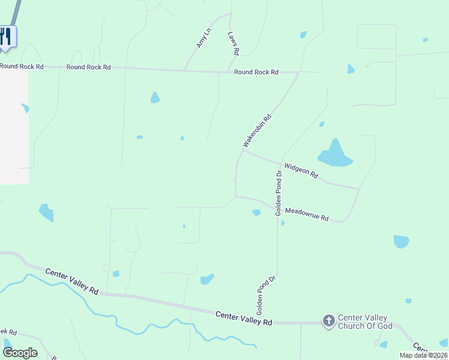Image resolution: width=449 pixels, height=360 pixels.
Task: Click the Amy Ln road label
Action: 204,38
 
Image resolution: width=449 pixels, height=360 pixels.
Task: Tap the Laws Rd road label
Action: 233,44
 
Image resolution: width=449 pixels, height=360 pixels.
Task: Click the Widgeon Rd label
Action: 301,171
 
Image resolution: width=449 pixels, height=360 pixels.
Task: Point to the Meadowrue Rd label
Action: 307,214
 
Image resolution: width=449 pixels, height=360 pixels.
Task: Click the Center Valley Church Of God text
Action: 365,322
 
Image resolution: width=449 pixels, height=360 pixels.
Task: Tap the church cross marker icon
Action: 328,321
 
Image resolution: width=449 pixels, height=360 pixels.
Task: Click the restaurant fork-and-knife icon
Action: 6,36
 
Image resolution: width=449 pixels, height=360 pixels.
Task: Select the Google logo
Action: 20,352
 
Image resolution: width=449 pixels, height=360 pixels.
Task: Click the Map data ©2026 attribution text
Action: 423,355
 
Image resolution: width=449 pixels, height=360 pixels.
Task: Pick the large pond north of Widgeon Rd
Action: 334,154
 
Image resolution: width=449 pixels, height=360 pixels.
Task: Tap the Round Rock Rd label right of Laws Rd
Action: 256,72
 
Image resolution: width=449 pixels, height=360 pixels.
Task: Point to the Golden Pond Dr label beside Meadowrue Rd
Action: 279,193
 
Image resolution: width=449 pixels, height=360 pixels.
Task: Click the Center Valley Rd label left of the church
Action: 244,319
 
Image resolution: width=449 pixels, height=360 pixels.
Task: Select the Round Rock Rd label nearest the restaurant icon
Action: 22,66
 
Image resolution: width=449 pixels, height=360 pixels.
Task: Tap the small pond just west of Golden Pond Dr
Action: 257,212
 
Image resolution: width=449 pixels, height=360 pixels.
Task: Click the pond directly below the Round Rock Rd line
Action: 155,97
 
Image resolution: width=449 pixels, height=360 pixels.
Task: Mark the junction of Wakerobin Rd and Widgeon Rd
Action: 243,151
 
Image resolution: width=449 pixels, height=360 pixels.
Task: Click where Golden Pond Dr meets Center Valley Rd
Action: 277,322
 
